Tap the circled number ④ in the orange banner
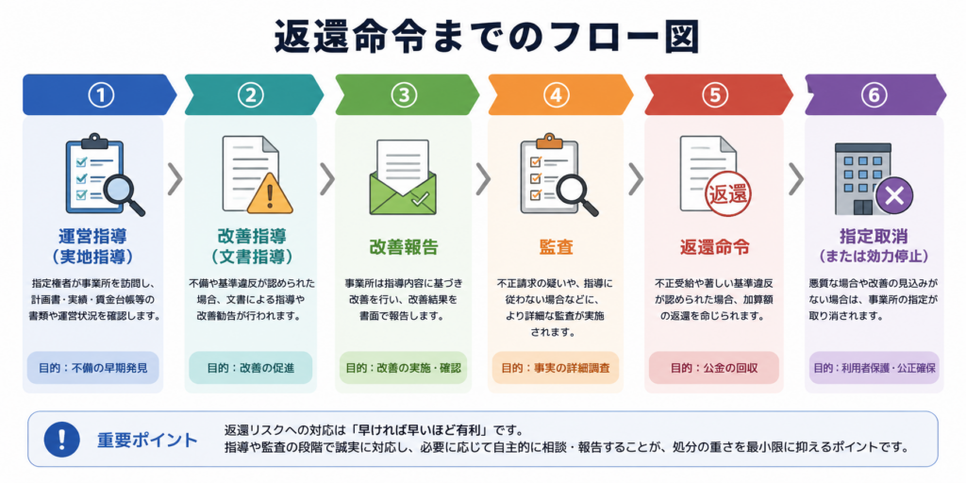[557, 94]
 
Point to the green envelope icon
[403, 176]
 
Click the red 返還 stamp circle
[727, 195]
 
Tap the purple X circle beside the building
[894, 196]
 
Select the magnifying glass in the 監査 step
[576, 193]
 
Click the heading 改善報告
[404, 247]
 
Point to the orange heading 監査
[557, 247]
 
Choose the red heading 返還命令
[715, 247]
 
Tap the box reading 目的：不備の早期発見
[92, 369]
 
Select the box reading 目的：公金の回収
[714, 369]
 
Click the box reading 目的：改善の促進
[251, 369]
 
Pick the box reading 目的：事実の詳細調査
[556, 369]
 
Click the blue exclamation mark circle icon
[61, 440]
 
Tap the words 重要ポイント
[147, 441]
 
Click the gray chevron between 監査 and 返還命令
[636, 179]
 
